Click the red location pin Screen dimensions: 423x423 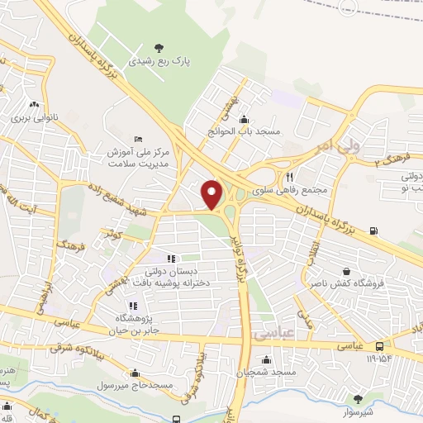[x=211, y=194]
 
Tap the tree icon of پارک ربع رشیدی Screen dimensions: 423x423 [x=159, y=48]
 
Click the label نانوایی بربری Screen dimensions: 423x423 [x=31, y=117]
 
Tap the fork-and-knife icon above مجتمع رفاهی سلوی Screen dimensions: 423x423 [x=289, y=177]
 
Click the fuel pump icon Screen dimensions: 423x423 [x=375, y=231]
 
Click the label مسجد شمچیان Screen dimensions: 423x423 [x=267, y=373]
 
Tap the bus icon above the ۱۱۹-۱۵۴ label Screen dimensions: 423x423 [x=379, y=346]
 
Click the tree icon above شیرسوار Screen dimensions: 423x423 [x=357, y=399]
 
